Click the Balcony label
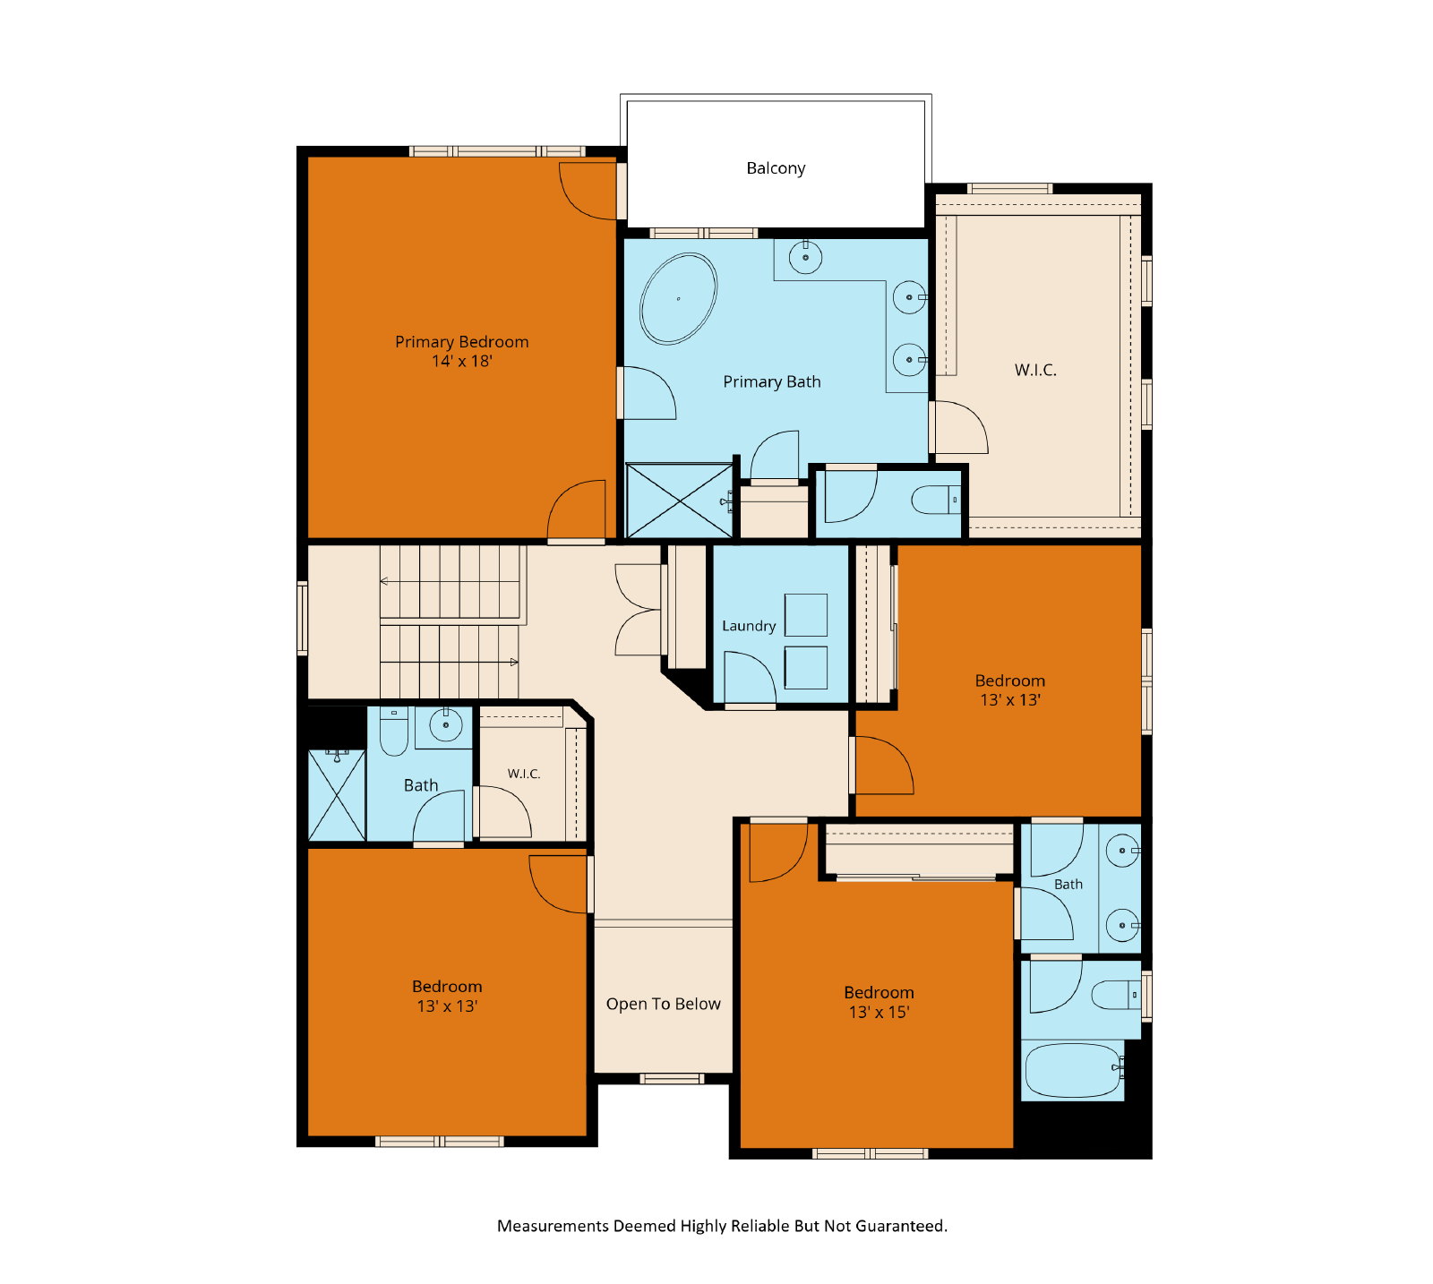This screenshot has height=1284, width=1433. click(x=776, y=168)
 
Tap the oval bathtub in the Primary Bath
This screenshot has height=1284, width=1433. click(x=678, y=299)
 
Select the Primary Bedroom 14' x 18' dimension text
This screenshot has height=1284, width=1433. click(x=462, y=361)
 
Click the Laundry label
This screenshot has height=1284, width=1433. click(x=749, y=626)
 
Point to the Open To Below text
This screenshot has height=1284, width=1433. click(x=663, y=1004)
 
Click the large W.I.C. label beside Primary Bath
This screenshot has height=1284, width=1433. click(x=1035, y=370)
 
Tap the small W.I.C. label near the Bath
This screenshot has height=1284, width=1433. click(x=524, y=774)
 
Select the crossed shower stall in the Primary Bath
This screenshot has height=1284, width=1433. click(x=680, y=501)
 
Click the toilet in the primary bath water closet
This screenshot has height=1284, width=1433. click(x=936, y=500)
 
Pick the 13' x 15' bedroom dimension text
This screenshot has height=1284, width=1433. click(x=879, y=1012)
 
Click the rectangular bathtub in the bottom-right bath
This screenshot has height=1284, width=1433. click(x=1073, y=1070)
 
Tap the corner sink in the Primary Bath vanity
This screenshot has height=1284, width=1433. click(x=805, y=258)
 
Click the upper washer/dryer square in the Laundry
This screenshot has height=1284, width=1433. click(x=806, y=614)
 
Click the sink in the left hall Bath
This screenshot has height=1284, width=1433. click(x=445, y=723)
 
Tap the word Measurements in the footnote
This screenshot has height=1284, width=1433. click(x=553, y=1226)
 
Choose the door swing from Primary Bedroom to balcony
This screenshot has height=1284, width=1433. click(x=588, y=191)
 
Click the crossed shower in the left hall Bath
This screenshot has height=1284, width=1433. click(x=337, y=795)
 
